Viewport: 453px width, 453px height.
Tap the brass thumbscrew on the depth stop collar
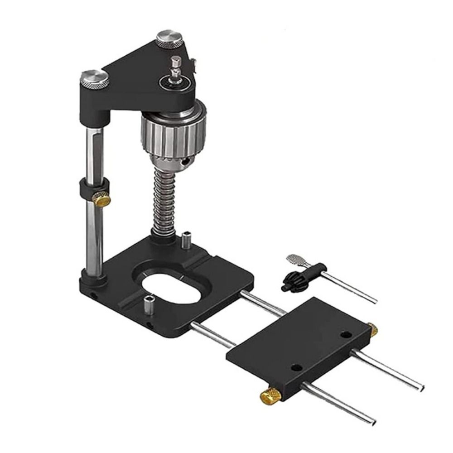[x=102, y=199]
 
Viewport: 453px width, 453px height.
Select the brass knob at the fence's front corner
[x=269, y=397]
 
